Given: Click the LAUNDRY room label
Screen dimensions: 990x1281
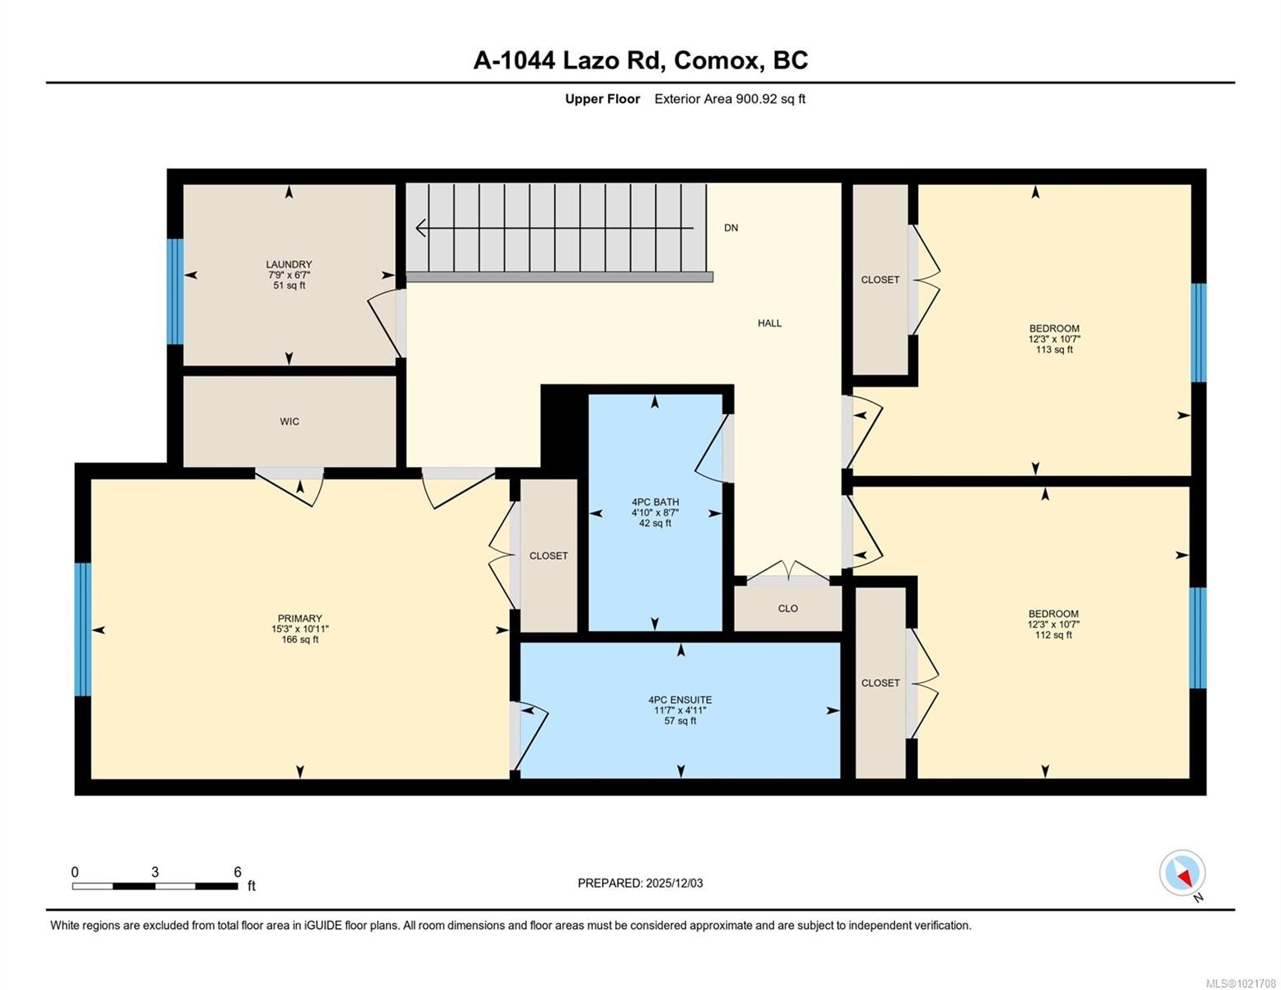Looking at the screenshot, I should click(x=289, y=265).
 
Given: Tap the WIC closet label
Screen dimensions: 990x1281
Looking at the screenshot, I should click(x=289, y=422).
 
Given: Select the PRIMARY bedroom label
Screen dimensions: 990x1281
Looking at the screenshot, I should click(x=299, y=619).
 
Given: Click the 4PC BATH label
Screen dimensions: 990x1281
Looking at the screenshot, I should click(x=655, y=502).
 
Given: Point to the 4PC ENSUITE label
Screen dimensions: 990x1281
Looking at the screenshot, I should click(x=680, y=700).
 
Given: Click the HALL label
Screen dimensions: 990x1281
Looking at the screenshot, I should click(x=769, y=323).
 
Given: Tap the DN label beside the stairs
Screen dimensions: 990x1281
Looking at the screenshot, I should click(x=731, y=228).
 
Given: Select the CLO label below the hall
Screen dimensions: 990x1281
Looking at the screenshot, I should click(x=788, y=609).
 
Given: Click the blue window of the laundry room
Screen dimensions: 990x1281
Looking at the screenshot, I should click(x=174, y=291).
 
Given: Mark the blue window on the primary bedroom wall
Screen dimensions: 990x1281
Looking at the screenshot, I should click(x=82, y=629).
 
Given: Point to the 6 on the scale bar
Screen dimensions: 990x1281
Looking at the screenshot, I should click(x=238, y=872).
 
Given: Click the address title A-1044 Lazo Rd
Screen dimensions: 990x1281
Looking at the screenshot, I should click(x=640, y=60).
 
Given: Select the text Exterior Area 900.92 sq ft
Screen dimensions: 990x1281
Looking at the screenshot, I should click(x=729, y=99).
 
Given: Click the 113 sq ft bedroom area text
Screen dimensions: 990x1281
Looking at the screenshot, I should click(x=1053, y=350).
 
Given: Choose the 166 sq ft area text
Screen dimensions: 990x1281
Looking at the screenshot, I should click(x=299, y=639).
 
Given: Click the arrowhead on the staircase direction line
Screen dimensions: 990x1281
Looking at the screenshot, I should click(x=422, y=228).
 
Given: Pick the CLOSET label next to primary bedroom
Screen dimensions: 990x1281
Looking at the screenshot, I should click(x=549, y=556).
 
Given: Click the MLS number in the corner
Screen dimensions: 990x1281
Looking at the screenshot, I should click(x=1242, y=983).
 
